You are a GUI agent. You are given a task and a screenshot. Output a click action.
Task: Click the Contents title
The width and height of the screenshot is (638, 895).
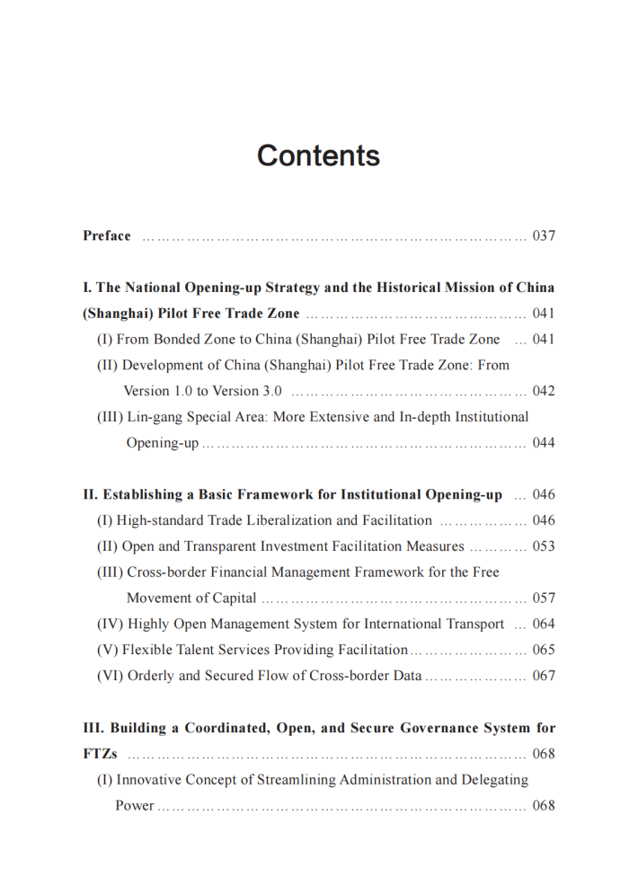[x=318, y=155]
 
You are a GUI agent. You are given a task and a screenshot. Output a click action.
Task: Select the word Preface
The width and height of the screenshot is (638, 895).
[x=107, y=236]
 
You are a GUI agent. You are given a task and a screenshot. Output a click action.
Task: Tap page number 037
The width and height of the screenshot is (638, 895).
[x=544, y=236]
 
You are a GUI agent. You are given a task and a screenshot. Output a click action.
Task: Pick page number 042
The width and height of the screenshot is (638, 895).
[x=544, y=392]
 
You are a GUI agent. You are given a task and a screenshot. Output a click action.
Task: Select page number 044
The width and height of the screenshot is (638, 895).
[x=544, y=443]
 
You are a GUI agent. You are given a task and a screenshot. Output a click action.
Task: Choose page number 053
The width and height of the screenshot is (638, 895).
[x=544, y=546]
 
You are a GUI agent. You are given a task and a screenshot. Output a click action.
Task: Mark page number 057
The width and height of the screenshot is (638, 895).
[x=544, y=598]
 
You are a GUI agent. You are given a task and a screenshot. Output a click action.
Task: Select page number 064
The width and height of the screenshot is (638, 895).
[x=544, y=624]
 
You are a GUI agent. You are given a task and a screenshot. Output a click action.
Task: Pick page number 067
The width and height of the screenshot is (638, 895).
[x=544, y=676]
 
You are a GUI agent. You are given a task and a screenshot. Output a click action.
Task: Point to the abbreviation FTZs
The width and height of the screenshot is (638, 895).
[x=100, y=754]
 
